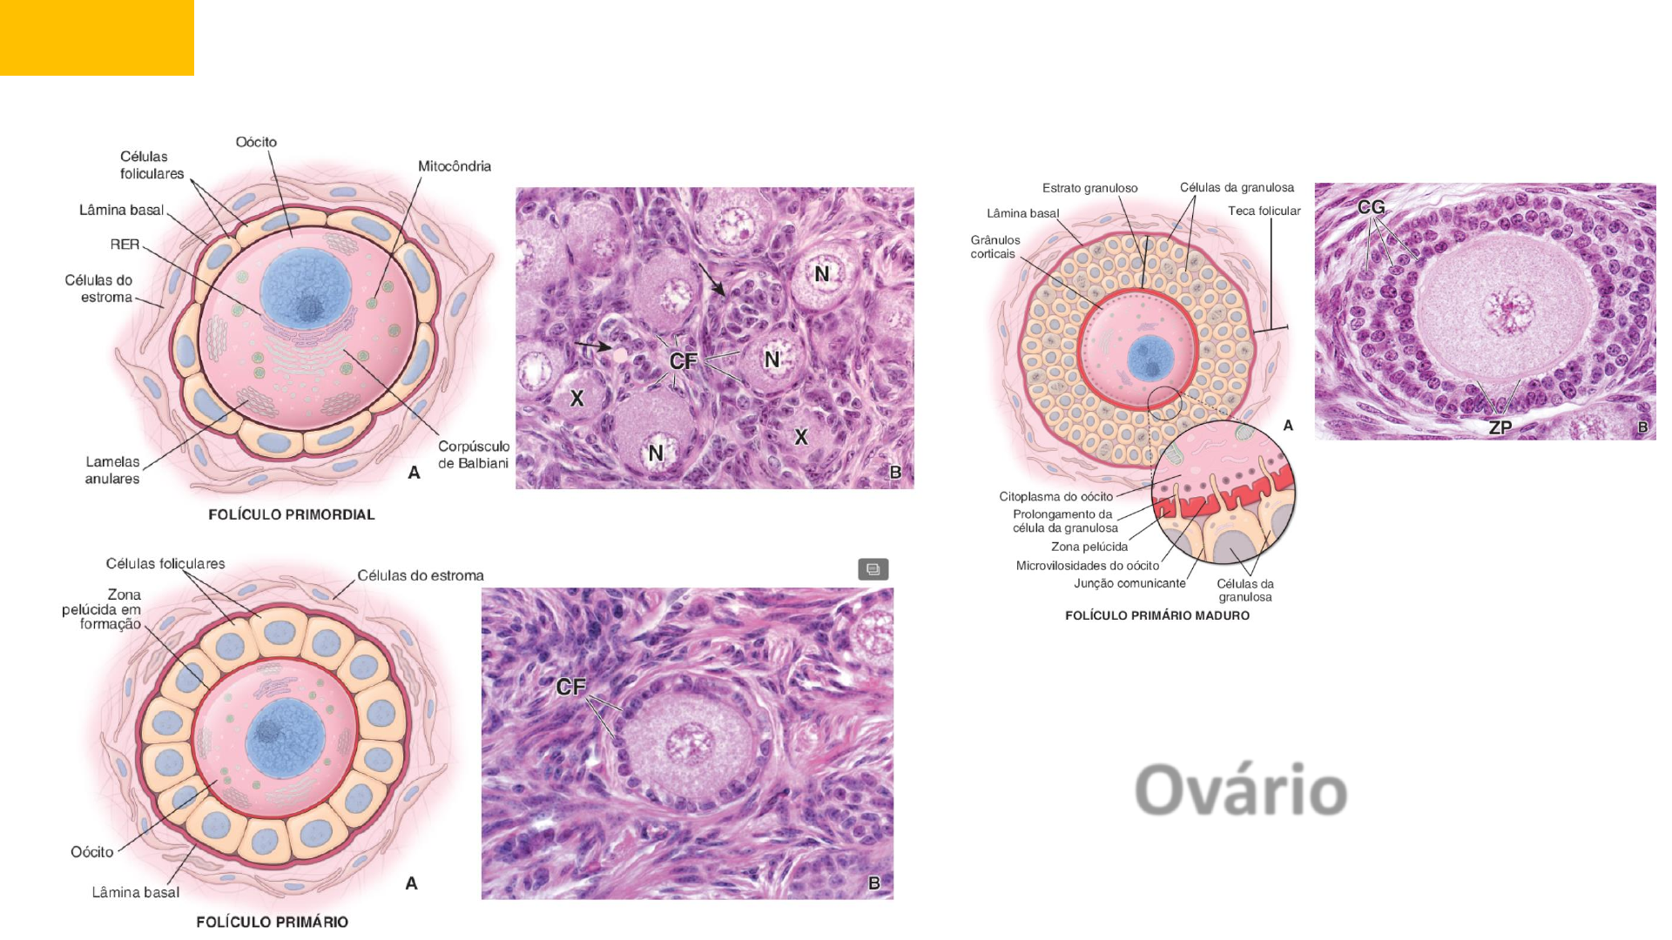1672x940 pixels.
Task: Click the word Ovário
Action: tap(1241, 790)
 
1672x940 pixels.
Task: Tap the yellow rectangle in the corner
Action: tap(97, 37)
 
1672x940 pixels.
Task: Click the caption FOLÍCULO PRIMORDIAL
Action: tap(292, 514)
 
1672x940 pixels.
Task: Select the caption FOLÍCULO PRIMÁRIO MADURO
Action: tap(1157, 615)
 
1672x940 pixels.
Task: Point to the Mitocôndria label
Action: tap(454, 166)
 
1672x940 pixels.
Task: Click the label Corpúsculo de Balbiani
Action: tap(473, 454)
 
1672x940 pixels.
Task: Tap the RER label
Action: tap(125, 245)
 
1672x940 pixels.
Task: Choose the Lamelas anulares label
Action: tap(112, 470)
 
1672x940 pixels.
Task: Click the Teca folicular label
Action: tap(1264, 211)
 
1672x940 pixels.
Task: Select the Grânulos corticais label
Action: tap(994, 247)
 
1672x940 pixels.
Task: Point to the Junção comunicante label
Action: tap(1129, 583)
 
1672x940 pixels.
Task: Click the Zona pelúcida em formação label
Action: tap(102, 609)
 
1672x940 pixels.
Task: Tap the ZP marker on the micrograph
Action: tap(1500, 427)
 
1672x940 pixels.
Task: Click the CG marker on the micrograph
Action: tap(1371, 207)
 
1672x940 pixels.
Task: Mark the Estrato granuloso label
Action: tap(1089, 188)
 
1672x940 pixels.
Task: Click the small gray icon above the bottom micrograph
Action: tap(873, 569)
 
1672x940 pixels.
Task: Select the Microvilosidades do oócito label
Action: tap(1088, 566)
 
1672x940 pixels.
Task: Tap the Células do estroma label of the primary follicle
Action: tap(420, 575)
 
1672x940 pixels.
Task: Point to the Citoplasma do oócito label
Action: tap(1055, 497)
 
